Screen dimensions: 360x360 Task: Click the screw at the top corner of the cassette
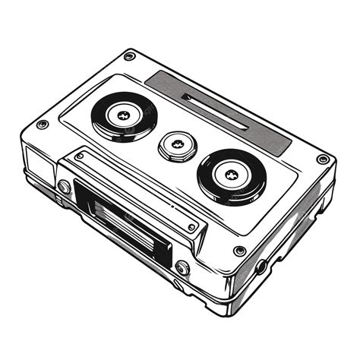tap(129, 56)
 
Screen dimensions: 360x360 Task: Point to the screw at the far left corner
tap(42, 124)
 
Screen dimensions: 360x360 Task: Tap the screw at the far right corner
tap(323, 159)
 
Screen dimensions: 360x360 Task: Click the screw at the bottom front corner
tap(239, 251)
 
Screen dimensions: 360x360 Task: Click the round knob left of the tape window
tap(64, 187)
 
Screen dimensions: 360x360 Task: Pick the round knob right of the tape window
tap(182, 267)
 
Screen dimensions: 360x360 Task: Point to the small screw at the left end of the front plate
tap(80, 156)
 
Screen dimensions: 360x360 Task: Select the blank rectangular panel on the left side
tap(37, 163)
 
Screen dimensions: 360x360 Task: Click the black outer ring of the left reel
tap(103, 122)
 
